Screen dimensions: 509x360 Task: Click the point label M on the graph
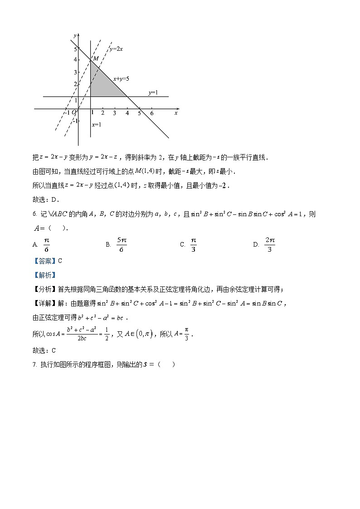96,58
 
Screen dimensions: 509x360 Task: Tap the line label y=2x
116,48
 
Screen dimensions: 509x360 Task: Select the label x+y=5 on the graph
122,79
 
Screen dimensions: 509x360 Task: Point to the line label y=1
153,92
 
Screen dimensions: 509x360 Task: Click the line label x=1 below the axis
96,124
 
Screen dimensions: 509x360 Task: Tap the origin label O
74,112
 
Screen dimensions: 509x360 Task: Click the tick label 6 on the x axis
151,113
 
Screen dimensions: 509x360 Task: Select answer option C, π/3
193,244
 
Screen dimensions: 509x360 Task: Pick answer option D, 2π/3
270,244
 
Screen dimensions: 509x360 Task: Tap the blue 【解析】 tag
44,275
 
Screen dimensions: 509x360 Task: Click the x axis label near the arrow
175,113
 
